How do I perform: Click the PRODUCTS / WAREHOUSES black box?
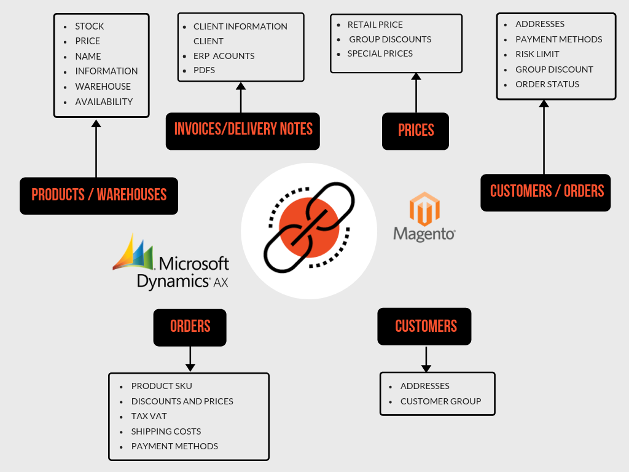click(99, 195)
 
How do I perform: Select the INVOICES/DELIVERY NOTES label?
click(243, 130)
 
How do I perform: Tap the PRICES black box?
click(415, 130)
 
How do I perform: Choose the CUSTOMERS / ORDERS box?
click(545, 192)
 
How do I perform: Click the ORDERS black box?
click(190, 327)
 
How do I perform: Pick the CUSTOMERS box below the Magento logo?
click(424, 326)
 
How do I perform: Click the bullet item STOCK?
click(90, 26)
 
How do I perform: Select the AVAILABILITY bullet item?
click(104, 102)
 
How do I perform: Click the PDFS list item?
click(204, 71)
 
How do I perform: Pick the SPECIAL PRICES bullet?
click(380, 53)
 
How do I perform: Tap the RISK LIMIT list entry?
click(537, 54)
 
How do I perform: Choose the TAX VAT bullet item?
click(149, 416)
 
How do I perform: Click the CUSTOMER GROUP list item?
click(440, 401)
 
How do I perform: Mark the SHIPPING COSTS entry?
click(166, 431)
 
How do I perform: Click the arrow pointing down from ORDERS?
click(190, 359)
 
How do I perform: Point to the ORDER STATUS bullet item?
click(547, 84)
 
